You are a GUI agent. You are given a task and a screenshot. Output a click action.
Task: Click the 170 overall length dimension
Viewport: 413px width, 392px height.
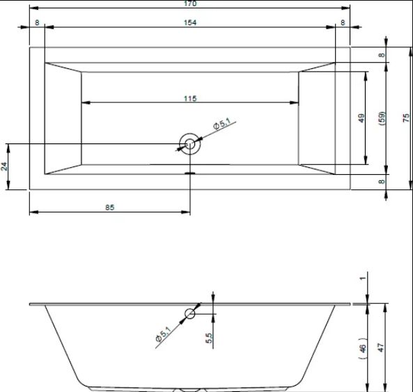pyautogui.click(x=190, y=3)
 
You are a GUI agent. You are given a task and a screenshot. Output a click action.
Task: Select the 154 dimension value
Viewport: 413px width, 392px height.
pyautogui.click(x=190, y=23)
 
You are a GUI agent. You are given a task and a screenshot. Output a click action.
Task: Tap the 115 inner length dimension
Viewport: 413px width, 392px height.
pyautogui.click(x=190, y=98)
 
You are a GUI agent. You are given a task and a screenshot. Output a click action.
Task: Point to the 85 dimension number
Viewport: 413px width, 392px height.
pyautogui.click(x=110, y=207)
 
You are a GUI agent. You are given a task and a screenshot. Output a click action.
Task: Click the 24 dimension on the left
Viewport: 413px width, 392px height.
pyautogui.click(x=4, y=166)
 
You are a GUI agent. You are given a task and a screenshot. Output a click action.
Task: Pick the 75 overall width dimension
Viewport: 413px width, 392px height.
pyautogui.click(x=406, y=118)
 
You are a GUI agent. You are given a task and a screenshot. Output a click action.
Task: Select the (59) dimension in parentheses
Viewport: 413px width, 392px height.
pyautogui.click(x=382, y=118)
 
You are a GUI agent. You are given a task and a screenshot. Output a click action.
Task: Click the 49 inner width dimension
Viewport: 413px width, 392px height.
pyautogui.click(x=361, y=118)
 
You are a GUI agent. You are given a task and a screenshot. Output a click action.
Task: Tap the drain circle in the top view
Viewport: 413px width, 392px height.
pyautogui.click(x=189, y=144)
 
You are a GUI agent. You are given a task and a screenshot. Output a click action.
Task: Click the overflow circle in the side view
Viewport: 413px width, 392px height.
pyautogui.click(x=190, y=314)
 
